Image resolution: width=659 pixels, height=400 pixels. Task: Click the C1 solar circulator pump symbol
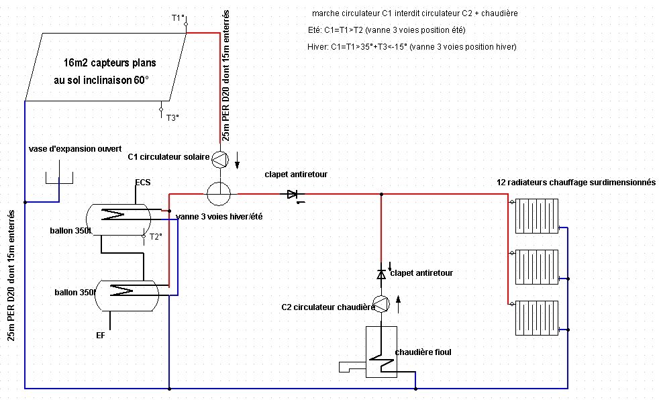pyautogui.click(x=220, y=159)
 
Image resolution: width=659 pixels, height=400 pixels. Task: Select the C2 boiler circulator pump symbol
pyautogui.click(x=381, y=304)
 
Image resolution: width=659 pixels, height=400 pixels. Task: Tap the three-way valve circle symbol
pyautogui.click(x=219, y=194)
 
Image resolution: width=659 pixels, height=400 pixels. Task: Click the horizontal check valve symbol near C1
pyautogui.click(x=293, y=195)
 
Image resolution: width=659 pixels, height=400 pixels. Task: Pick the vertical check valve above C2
pyautogui.click(x=381, y=274)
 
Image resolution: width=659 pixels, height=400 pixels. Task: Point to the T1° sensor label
pyautogui.click(x=179, y=17)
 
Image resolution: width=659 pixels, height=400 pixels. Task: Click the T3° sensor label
pyautogui.click(x=172, y=118)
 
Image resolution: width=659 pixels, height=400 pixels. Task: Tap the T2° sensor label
pyautogui.click(x=156, y=237)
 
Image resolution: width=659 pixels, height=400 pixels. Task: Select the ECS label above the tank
pyautogui.click(x=143, y=183)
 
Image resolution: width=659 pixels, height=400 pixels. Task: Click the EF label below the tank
pyautogui.click(x=101, y=336)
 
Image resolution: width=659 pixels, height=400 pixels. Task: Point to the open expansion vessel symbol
pyautogui.click(x=59, y=178)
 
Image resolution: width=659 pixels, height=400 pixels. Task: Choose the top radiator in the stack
pyautogui.click(x=537, y=216)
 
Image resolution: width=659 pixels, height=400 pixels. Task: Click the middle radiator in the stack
pyautogui.click(x=537, y=267)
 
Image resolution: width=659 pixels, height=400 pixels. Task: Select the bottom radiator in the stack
pyautogui.click(x=537, y=318)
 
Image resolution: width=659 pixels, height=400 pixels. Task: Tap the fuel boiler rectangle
pyautogui.click(x=381, y=352)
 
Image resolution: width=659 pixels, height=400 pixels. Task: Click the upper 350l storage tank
pyautogui.click(x=119, y=219)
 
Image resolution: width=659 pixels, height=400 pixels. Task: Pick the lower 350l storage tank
pyautogui.click(x=127, y=296)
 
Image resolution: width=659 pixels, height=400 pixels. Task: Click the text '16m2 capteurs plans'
pyautogui.click(x=110, y=63)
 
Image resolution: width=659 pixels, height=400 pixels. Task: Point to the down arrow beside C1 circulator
pyautogui.click(x=237, y=160)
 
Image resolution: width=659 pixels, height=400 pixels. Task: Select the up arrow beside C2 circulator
pyautogui.click(x=399, y=304)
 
